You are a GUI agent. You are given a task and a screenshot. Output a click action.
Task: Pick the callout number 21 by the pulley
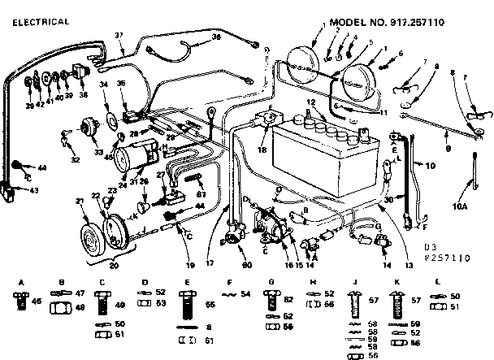click(x=79, y=201)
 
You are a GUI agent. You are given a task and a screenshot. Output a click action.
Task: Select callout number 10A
click(x=460, y=206)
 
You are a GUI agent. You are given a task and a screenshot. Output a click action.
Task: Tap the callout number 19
click(x=190, y=265)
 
